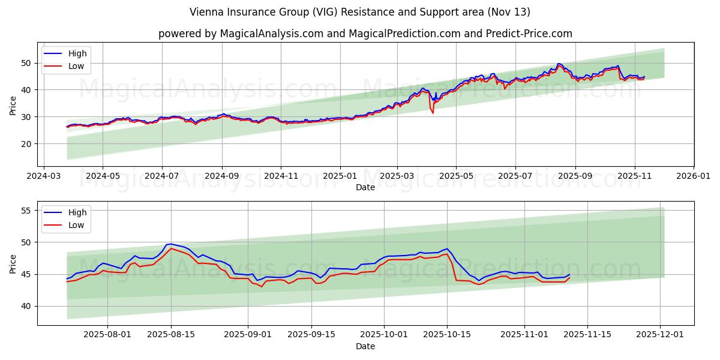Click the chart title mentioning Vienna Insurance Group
359,12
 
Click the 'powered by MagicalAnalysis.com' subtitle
365,34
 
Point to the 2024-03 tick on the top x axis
43,178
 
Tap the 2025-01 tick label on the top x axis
340,178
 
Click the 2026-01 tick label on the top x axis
693,178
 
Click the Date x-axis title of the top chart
365,187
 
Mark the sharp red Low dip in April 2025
433,112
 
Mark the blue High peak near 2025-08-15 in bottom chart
170,244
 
